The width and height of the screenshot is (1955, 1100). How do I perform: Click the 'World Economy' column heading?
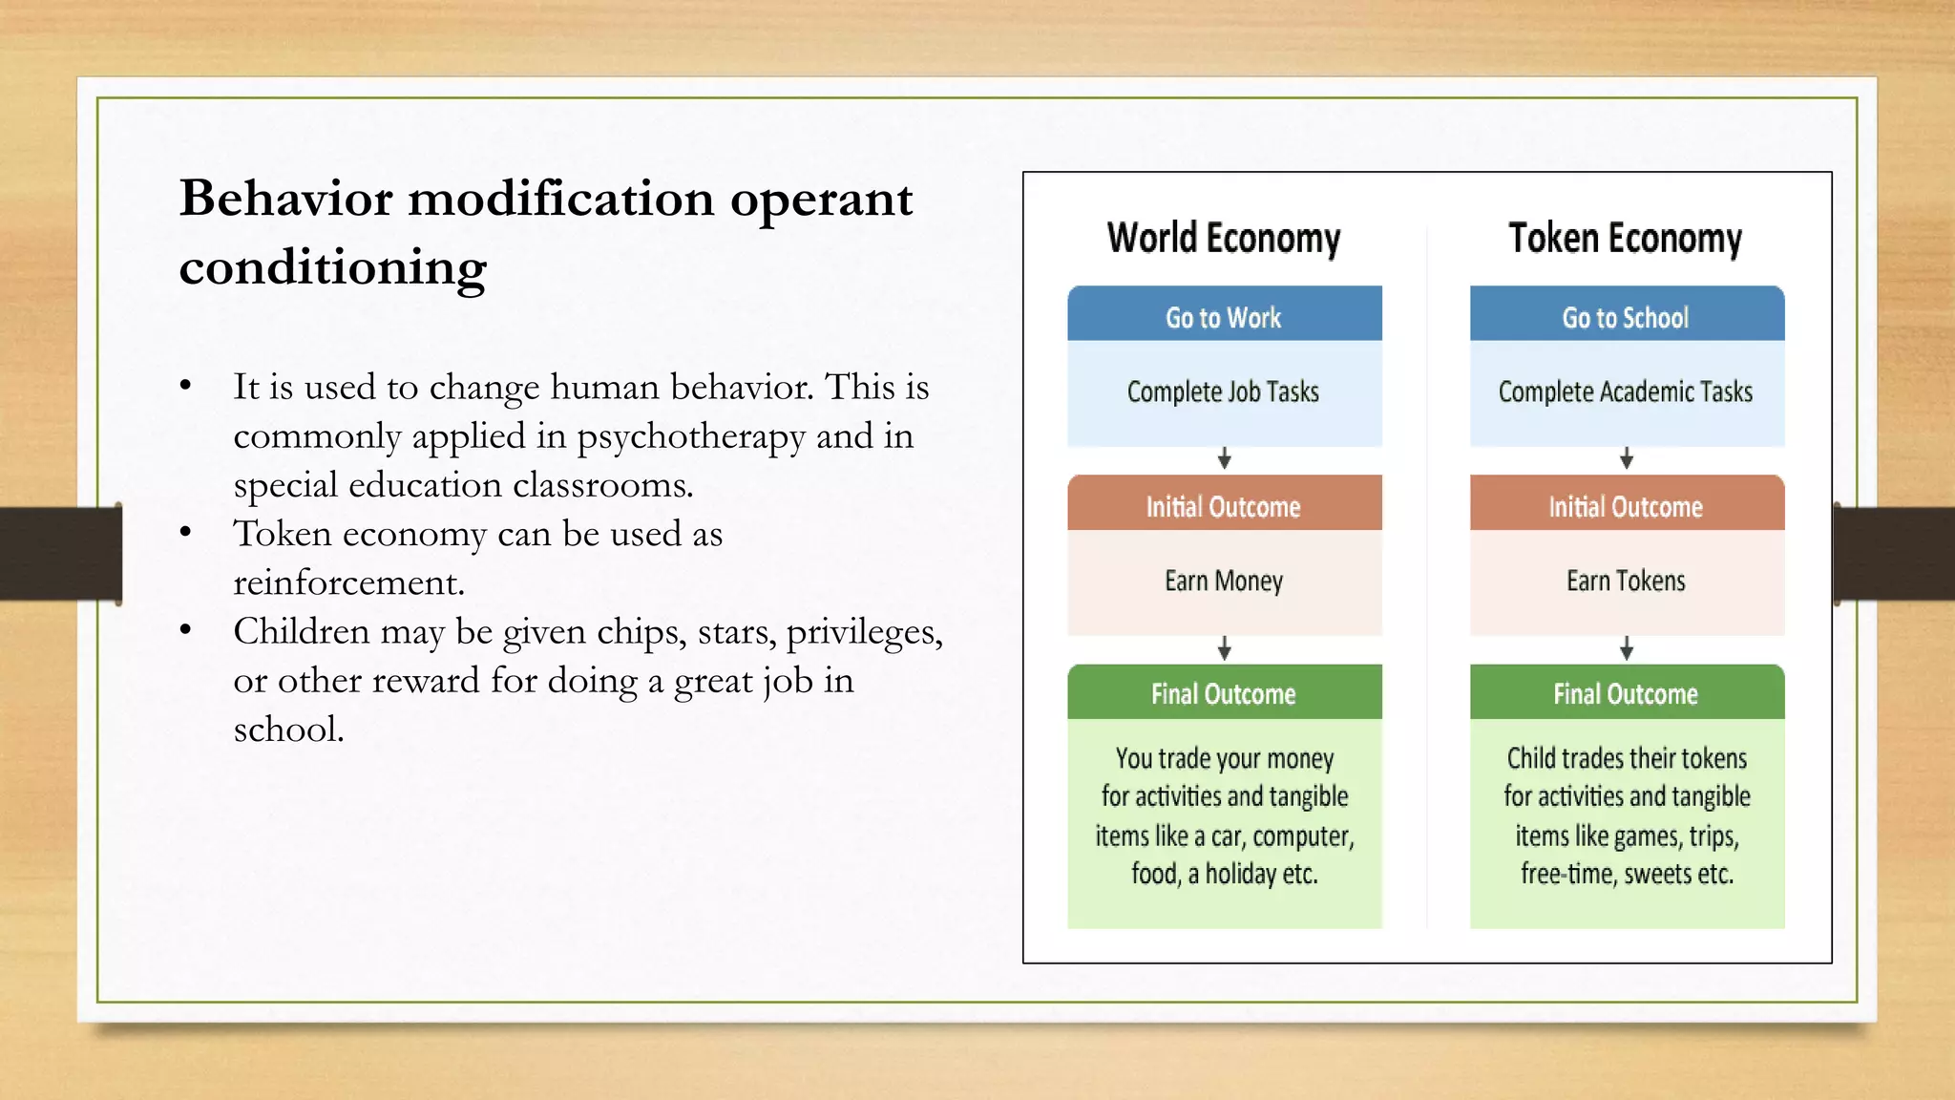(x=1224, y=238)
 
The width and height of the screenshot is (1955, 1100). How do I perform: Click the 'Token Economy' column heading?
(x=1625, y=238)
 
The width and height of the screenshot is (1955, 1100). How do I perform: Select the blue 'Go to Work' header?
(x=1224, y=316)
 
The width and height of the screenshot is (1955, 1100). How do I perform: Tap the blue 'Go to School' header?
(x=1625, y=316)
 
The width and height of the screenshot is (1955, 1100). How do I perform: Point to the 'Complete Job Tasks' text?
(x=1223, y=391)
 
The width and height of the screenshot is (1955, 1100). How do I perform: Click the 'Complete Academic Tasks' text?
(x=1625, y=391)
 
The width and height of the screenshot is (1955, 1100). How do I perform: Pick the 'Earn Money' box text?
(x=1224, y=581)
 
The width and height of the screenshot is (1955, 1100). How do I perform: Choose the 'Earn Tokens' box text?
(x=1626, y=581)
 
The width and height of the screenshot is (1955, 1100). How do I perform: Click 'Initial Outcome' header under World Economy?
(x=1224, y=506)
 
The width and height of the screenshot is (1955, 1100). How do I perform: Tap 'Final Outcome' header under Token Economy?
(x=1625, y=693)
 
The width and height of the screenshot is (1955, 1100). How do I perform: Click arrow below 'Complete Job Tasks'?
(x=1225, y=459)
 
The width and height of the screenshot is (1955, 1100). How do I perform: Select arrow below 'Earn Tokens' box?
(x=1627, y=649)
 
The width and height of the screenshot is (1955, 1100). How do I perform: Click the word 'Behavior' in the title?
(x=285, y=199)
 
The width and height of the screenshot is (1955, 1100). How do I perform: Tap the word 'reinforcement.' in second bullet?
(x=348, y=582)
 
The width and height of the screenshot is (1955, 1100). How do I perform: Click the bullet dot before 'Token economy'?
(x=186, y=531)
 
